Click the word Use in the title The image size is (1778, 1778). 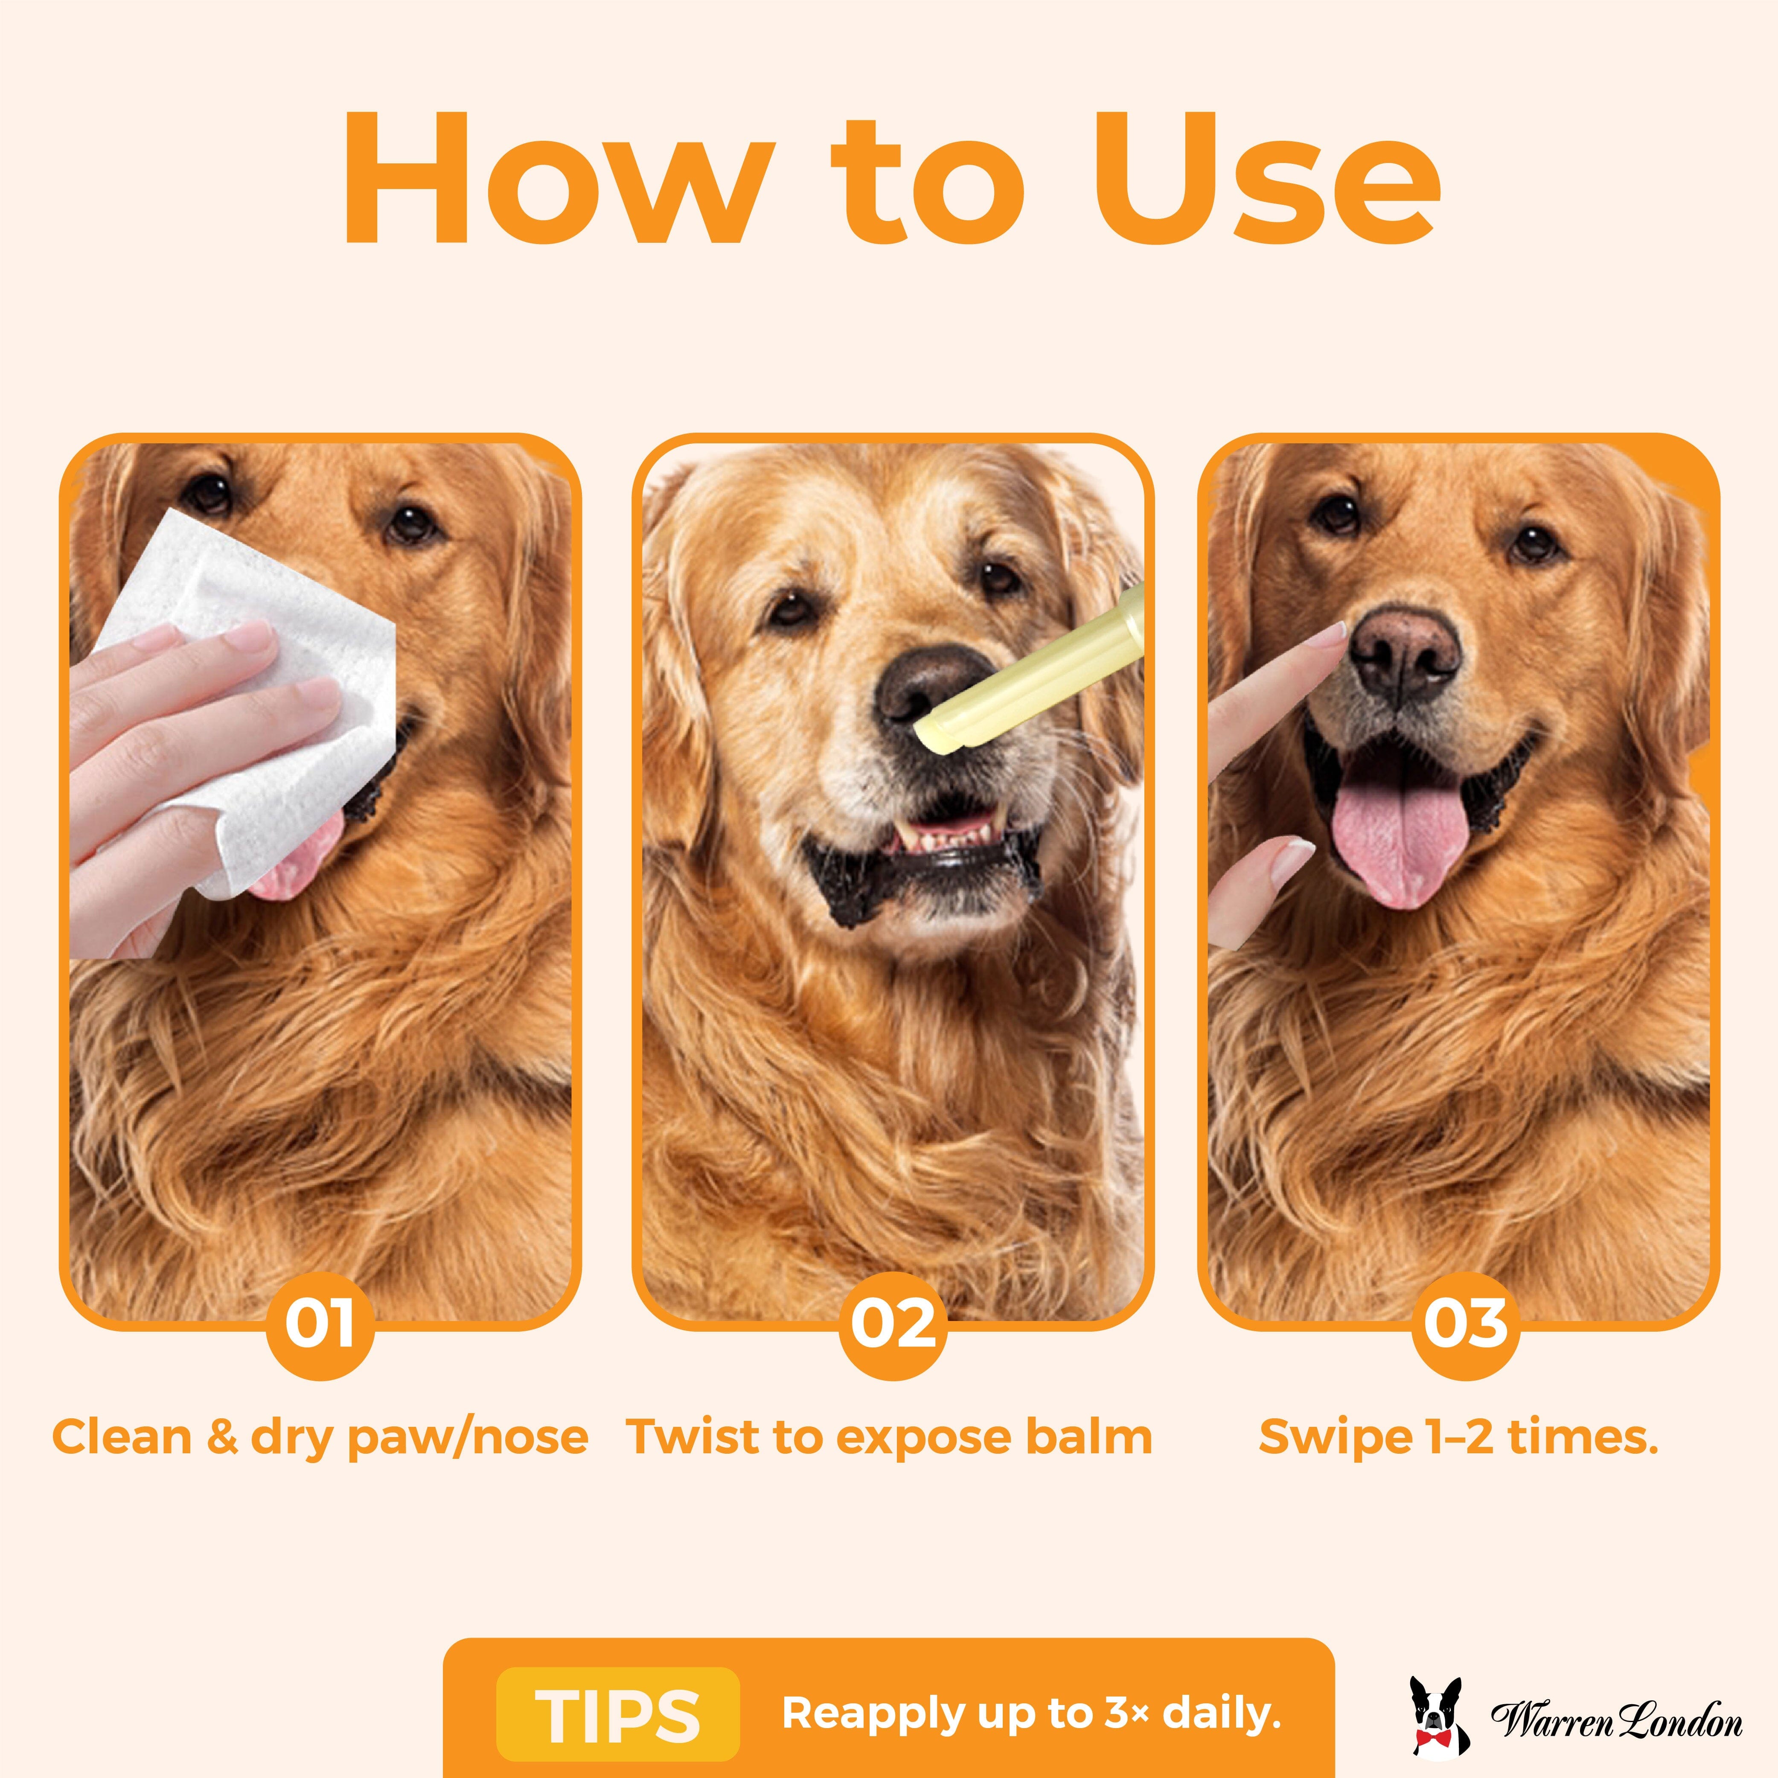1266,180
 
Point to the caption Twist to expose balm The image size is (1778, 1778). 889,1437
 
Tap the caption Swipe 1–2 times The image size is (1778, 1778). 1459,1437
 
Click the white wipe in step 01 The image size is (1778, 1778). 248,699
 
